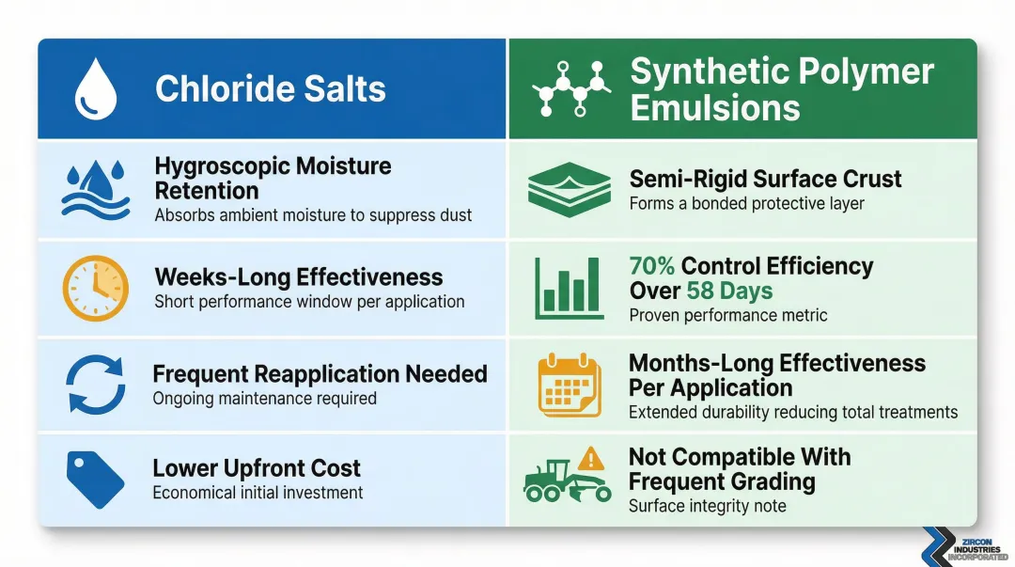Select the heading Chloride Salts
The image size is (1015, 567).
(271, 89)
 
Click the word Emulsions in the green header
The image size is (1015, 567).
(715, 107)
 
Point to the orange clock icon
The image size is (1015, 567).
(95, 287)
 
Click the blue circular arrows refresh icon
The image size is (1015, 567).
(95, 385)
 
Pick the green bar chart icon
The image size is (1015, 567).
(569, 288)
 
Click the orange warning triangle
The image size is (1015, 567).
(591, 459)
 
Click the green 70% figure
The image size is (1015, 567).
(652, 267)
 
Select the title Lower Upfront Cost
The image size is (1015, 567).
(257, 468)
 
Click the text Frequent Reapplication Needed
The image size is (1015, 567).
(320, 374)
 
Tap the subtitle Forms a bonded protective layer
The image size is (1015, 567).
(747, 203)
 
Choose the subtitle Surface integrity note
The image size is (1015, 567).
(708, 506)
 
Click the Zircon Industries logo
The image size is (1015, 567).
(963, 545)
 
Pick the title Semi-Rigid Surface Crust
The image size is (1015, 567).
(765, 179)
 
